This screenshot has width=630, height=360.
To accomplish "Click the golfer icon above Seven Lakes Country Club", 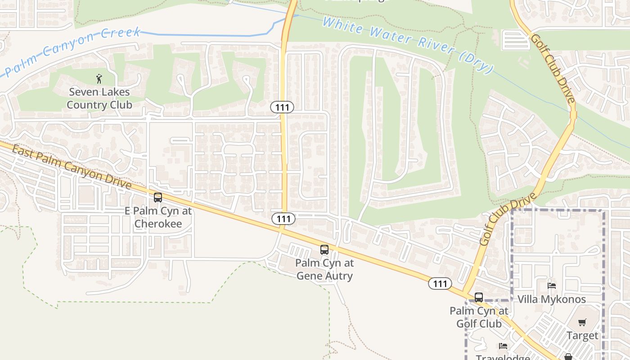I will [x=99, y=79].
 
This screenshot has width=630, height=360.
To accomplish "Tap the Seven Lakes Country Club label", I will [x=99, y=99].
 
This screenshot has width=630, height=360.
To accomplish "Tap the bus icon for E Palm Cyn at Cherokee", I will [x=158, y=197].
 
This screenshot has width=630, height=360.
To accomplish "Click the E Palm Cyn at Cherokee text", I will [x=158, y=217].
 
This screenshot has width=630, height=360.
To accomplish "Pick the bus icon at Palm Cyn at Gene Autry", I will [x=324, y=250].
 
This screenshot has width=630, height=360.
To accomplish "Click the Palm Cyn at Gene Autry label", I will [x=324, y=269].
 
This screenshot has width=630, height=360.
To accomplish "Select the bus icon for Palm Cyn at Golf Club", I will [x=479, y=297].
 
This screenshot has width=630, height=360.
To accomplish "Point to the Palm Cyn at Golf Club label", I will [x=479, y=317].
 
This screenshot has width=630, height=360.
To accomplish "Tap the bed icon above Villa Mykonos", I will [x=552, y=285].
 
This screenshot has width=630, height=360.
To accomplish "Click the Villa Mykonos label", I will [x=552, y=299].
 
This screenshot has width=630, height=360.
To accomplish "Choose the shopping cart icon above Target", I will [x=582, y=322].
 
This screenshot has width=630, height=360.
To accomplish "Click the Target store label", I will [x=582, y=336].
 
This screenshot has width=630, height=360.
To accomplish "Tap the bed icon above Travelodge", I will [x=503, y=346].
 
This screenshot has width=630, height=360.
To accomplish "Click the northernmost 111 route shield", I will [x=282, y=107].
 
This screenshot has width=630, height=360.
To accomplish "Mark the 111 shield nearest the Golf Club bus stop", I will [x=440, y=283].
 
